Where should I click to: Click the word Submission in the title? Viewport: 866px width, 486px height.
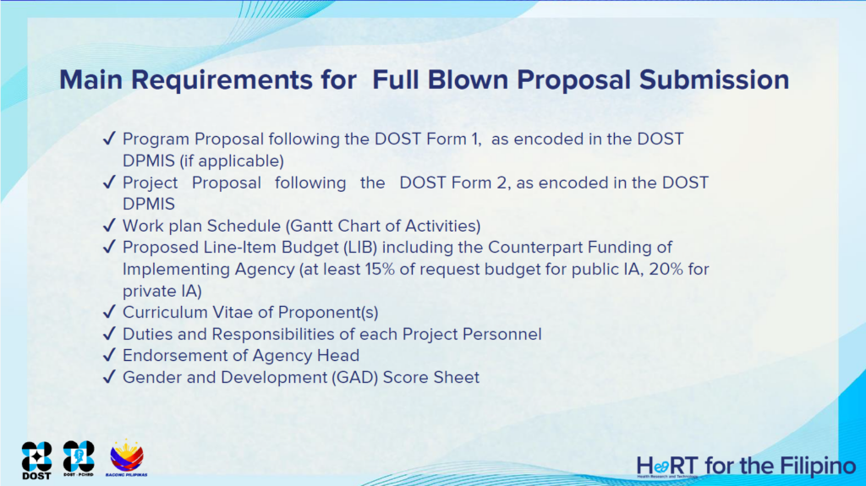[x=714, y=80]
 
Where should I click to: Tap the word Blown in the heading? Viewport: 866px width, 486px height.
[x=468, y=80]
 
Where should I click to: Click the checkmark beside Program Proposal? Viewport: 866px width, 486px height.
[x=109, y=138]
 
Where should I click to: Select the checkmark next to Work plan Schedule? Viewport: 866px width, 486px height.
[x=109, y=225]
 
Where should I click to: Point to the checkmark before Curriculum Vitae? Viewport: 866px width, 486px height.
[x=109, y=312]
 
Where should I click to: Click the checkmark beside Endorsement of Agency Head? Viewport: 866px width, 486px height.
[x=109, y=354]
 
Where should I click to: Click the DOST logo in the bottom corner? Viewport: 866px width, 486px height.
[x=37, y=460]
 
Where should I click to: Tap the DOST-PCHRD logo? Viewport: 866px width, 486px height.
[x=79, y=459]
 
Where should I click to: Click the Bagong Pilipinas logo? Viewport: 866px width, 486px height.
[x=127, y=458]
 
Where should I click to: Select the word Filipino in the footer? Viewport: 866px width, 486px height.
[x=818, y=466]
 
